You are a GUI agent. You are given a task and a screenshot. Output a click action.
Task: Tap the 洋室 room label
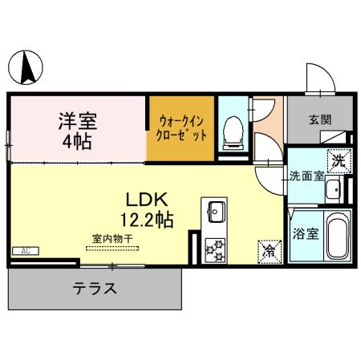[77, 122]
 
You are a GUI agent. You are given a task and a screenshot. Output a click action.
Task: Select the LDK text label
[144, 199]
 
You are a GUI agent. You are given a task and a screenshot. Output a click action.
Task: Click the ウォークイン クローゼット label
[182, 127]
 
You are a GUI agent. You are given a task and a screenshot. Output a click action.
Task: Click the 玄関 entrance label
[320, 120]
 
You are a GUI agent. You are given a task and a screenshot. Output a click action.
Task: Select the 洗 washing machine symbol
[340, 159]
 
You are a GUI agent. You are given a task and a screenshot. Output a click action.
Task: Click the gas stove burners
[216, 250]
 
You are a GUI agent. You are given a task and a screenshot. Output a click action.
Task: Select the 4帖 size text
[76, 142]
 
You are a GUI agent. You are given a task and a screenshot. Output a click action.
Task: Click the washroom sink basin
[332, 189]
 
